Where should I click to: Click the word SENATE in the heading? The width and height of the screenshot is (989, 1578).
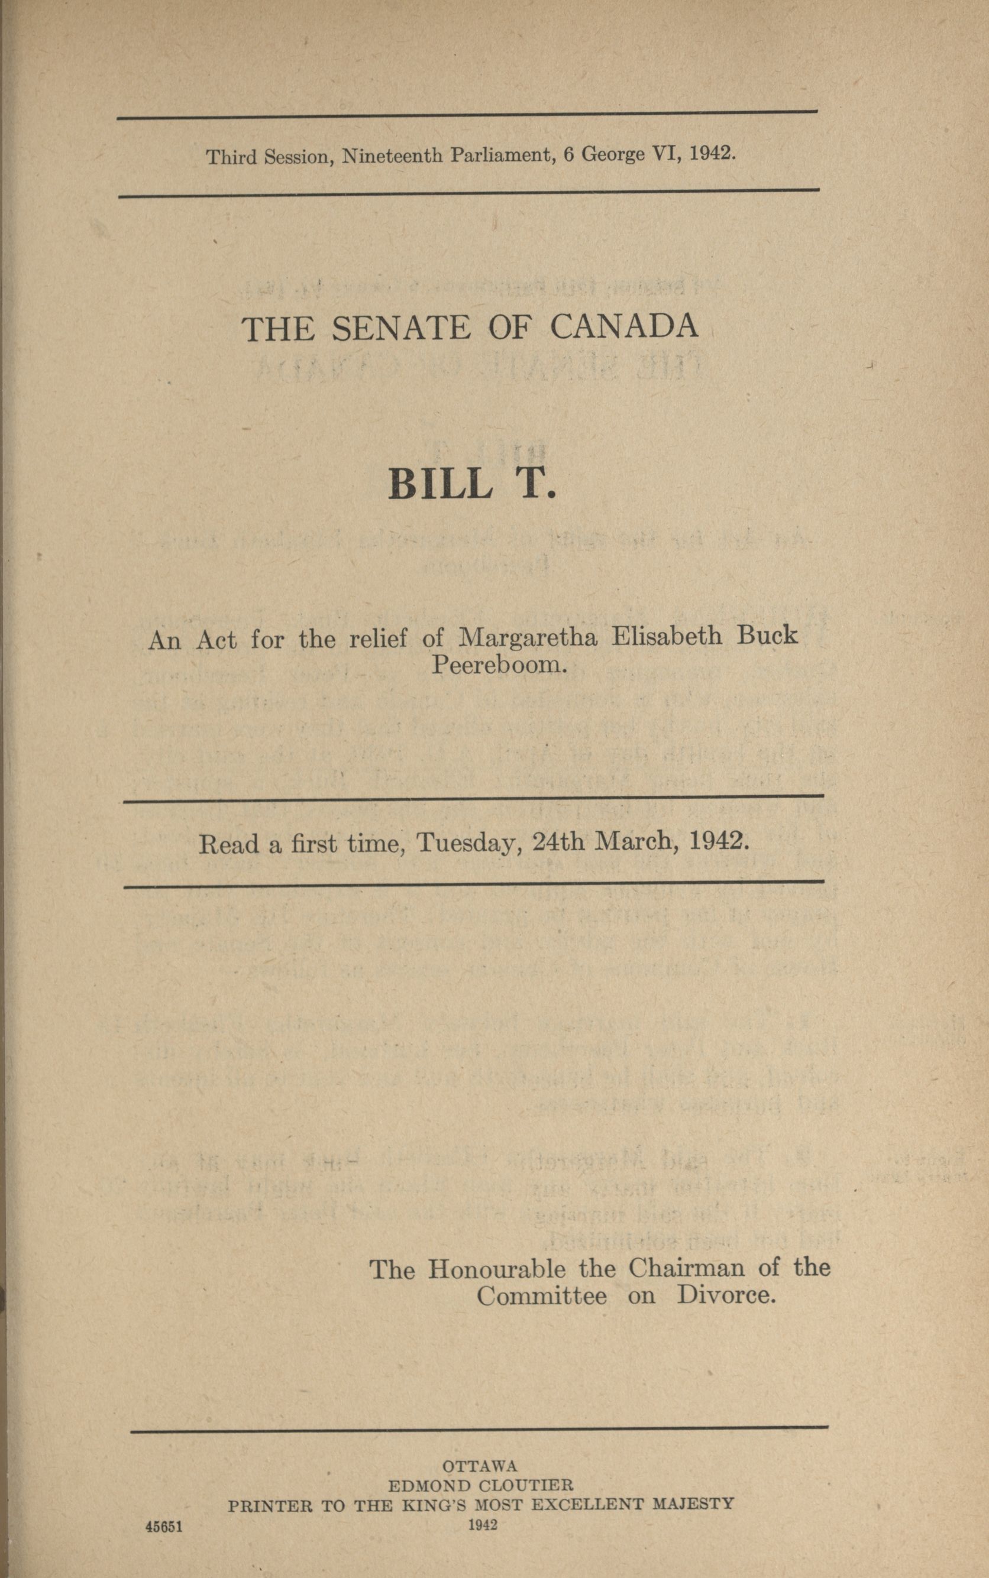[x=400, y=328]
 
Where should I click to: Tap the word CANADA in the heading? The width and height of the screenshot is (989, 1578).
[x=623, y=326]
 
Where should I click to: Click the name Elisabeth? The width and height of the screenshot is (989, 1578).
[x=667, y=636]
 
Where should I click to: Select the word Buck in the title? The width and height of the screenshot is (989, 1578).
[x=767, y=635]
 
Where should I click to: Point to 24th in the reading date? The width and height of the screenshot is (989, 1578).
[x=558, y=841]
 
